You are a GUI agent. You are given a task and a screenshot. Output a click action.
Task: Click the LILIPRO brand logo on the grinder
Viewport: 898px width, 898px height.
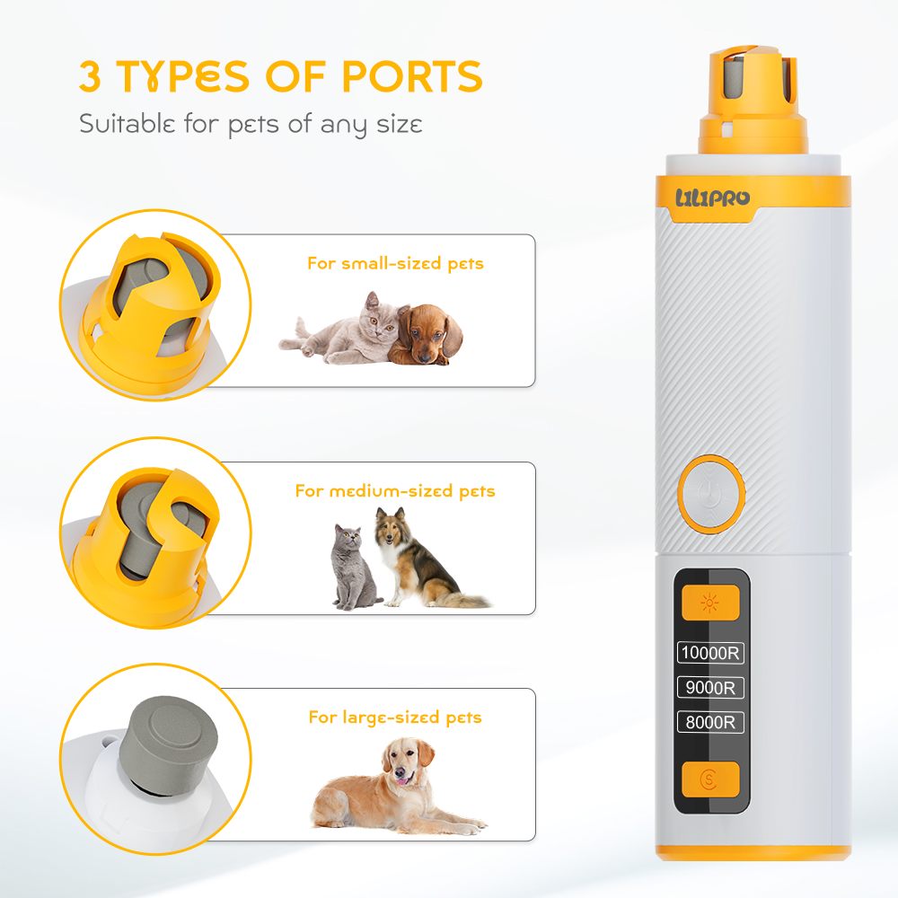(x=712, y=198)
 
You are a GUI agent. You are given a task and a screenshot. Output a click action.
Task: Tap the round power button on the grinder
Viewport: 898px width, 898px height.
(x=710, y=494)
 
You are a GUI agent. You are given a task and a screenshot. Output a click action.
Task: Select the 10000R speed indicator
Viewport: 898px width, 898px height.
(x=710, y=652)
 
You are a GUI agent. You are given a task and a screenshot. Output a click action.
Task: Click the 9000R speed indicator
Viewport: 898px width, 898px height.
(x=710, y=687)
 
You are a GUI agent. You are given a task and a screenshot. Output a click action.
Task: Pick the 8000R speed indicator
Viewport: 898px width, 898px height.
(x=710, y=722)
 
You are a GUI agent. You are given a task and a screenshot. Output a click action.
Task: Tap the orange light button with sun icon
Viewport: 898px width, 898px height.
(x=710, y=603)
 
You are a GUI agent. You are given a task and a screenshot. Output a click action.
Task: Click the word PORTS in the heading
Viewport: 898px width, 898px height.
(x=412, y=76)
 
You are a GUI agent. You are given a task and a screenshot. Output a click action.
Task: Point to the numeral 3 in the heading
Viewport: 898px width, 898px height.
(x=90, y=76)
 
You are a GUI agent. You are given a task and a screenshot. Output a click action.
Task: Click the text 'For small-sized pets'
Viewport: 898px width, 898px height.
(x=395, y=263)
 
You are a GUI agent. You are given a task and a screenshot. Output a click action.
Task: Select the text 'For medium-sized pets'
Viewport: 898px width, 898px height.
(x=395, y=491)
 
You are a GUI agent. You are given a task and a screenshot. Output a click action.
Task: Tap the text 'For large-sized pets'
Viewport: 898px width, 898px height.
(x=395, y=717)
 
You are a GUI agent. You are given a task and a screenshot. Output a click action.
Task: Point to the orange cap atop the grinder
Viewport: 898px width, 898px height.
(x=752, y=101)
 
